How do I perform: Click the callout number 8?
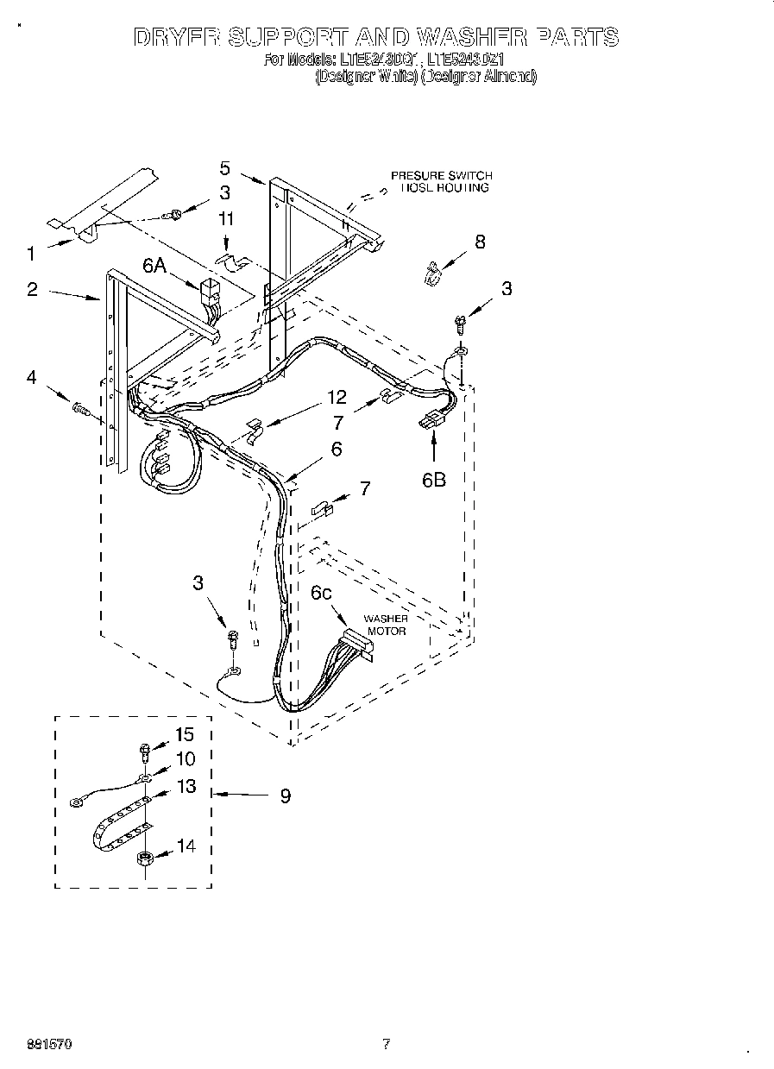[480, 242]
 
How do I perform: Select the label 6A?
[154, 267]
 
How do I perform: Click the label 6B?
[433, 479]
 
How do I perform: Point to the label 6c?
[323, 593]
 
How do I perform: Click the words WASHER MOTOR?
[386, 625]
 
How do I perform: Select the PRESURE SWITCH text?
[441, 176]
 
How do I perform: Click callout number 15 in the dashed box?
[185, 734]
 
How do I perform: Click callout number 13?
[186, 786]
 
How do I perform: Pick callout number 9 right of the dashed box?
[285, 795]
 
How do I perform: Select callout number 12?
[337, 397]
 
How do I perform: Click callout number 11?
[226, 219]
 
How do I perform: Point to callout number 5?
[225, 167]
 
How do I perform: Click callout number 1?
[31, 254]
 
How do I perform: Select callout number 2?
[32, 289]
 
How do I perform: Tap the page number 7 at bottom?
[387, 1044]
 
